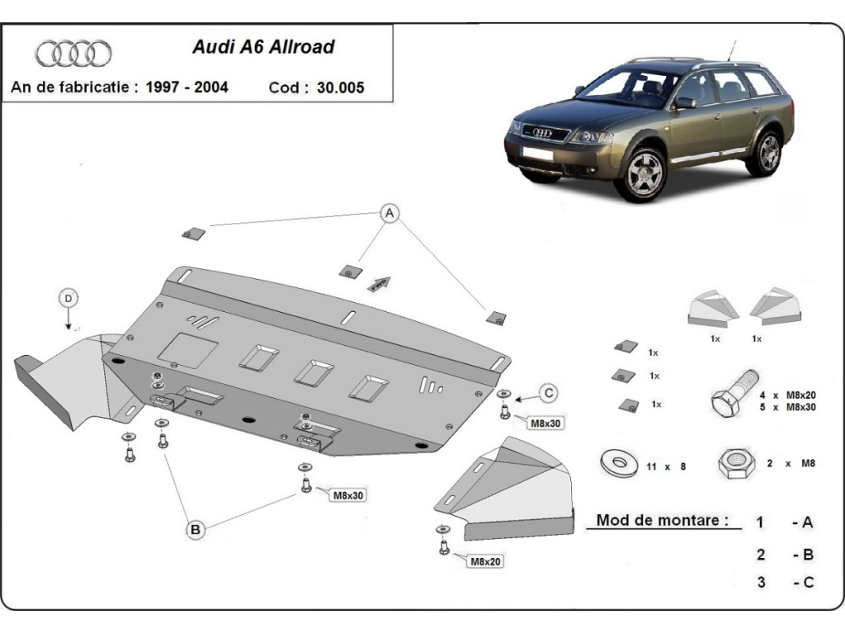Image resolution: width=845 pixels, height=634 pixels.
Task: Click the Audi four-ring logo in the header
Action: point(73,54)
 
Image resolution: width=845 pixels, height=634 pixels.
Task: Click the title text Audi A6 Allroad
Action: point(263,47)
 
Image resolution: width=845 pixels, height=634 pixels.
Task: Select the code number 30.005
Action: point(339,88)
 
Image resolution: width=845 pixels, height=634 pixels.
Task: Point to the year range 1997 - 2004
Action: point(187,87)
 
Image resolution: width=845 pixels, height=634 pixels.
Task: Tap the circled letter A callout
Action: point(389,214)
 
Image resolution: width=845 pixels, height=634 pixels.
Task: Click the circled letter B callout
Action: point(196,530)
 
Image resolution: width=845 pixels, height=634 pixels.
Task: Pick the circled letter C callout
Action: point(549,392)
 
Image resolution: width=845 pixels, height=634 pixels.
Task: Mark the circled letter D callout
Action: point(69,297)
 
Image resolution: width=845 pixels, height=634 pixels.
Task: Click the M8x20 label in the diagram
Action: point(486,562)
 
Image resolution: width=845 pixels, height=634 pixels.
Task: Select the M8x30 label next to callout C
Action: point(545,423)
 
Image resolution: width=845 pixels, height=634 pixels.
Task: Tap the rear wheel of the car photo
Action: point(767,152)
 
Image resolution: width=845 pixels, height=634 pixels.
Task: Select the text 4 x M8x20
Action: point(787,395)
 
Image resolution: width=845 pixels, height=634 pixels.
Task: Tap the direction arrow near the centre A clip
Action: point(378,283)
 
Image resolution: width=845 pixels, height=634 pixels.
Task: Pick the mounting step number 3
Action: point(761,582)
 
